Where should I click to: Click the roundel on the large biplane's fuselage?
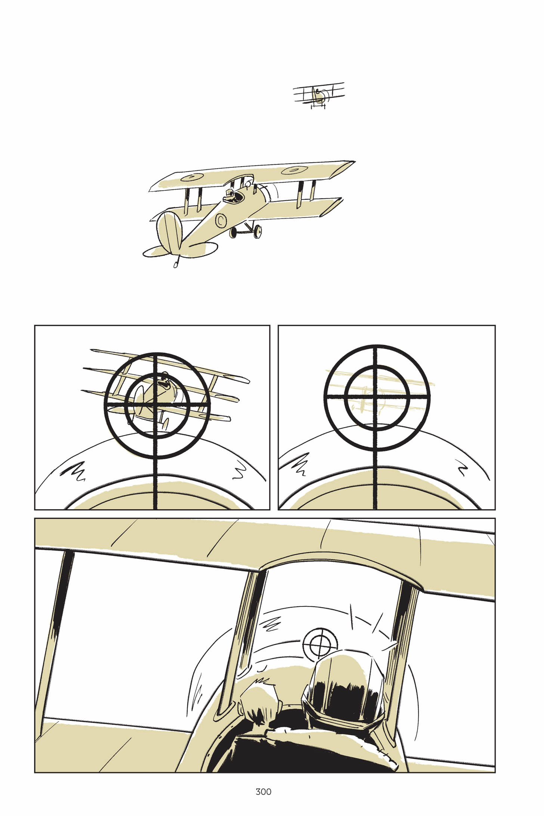click(x=221, y=221)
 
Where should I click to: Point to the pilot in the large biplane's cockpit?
click(x=230, y=195)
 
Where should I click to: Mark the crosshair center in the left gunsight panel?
click(x=155, y=405)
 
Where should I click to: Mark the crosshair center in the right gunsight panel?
click(x=376, y=396)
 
